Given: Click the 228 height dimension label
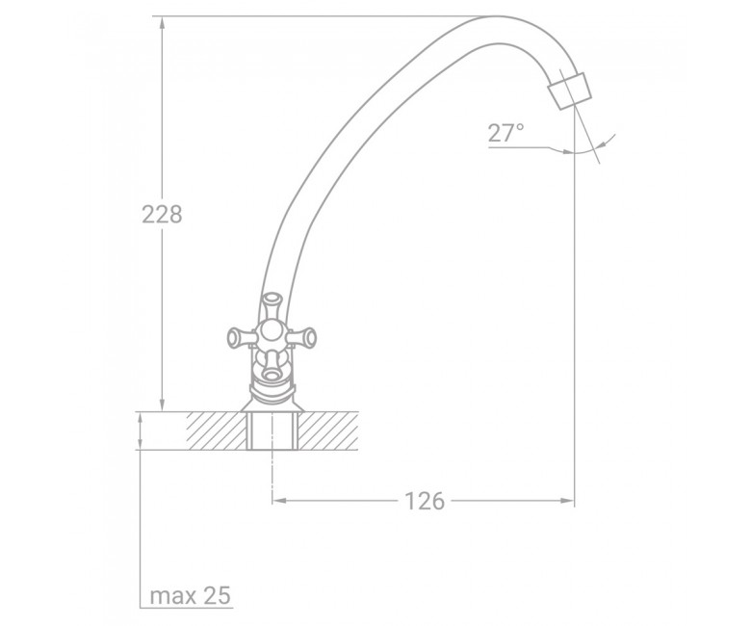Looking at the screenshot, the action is click(x=162, y=214).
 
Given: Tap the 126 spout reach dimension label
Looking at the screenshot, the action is click(x=425, y=501).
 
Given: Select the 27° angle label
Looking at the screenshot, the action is click(x=505, y=133).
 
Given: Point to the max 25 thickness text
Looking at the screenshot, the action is click(x=190, y=596).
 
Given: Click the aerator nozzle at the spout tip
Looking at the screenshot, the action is click(x=570, y=91).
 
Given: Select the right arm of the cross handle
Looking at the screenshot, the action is click(x=300, y=336).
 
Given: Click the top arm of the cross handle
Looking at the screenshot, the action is click(x=272, y=307).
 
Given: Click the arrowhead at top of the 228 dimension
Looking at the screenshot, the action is click(x=163, y=22).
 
